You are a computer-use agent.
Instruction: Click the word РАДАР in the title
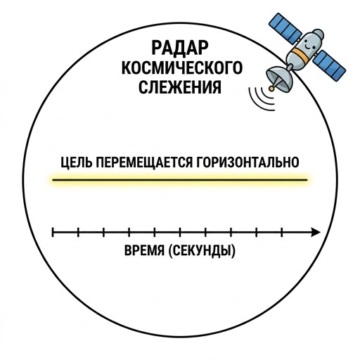coord(180,48)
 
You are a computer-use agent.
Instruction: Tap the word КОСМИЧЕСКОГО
coord(182,67)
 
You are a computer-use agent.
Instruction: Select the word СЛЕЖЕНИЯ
coord(180,87)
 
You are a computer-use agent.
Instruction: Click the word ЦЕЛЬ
coord(75,162)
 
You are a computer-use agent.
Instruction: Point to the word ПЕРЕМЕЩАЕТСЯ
coord(143,162)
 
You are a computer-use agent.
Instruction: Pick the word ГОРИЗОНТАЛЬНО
coord(247,162)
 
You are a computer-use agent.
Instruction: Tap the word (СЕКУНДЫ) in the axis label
coord(202,250)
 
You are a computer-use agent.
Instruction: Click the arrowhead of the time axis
coord(316,232)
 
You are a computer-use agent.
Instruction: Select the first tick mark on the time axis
coord(53,232)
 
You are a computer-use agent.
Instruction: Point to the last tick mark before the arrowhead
coord(281,232)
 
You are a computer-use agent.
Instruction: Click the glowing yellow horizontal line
coord(180,180)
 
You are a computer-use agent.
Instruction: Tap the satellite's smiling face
coord(309,44)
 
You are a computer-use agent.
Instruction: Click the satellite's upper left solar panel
coord(285,28)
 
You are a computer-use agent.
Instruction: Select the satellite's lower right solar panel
coord(329,65)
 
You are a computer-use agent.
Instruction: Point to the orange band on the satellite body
coord(301,55)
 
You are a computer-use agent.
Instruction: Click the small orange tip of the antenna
coord(271,89)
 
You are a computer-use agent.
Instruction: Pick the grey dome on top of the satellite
coord(319,34)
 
